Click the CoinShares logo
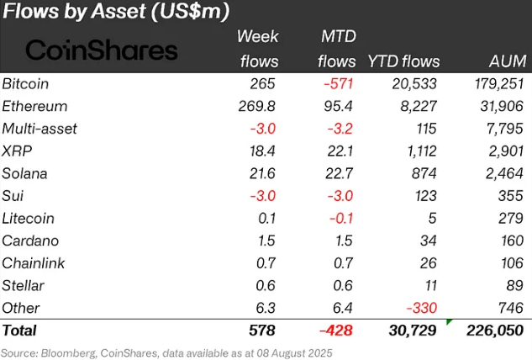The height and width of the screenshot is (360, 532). coord(102,50)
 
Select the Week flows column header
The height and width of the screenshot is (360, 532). coord(258,49)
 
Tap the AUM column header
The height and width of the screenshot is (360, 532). coord(507,61)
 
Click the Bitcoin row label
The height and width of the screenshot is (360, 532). coord(26,84)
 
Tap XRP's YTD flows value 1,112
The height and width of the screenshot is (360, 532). coord(418,151)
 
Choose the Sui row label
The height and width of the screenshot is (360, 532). coord(13,196)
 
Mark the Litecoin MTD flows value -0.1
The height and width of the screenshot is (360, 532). coord(345,219)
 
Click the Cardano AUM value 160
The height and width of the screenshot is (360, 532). coord(511,241)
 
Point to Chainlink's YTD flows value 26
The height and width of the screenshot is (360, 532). coord(427,263)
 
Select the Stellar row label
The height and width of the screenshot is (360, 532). coord(24,285)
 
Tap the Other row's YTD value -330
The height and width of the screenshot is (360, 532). coord(420,308)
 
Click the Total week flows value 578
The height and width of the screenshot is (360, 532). coord(261,331)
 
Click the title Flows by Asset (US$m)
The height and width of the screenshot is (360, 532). coord(117,13)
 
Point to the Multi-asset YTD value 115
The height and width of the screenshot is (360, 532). coord(424,129)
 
